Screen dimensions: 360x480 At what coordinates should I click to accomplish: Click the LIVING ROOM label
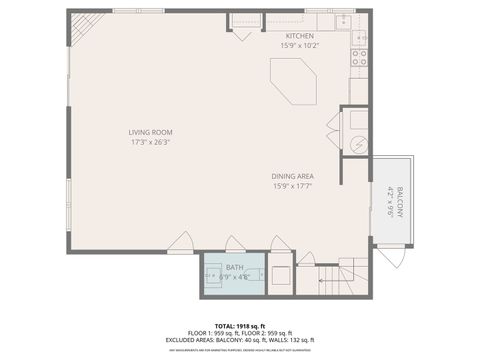pyautogui.click(x=150, y=132)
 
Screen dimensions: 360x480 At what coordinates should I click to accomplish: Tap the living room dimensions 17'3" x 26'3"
pyautogui.click(x=150, y=142)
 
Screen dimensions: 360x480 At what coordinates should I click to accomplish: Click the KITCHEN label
pyautogui.click(x=300, y=36)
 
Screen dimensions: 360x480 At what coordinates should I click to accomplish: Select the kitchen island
pyautogui.click(x=295, y=80)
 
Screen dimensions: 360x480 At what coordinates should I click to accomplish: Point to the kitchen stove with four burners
pyautogui.click(x=359, y=58)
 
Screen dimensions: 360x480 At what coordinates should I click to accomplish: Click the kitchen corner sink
pyautogui.click(x=345, y=21)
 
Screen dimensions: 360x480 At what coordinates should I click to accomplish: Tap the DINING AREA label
pyautogui.click(x=294, y=176)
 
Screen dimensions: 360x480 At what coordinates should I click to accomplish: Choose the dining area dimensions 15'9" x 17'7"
pyautogui.click(x=294, y=186)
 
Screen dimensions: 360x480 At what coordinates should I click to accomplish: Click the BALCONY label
pyautogui.click(x=398, y=202)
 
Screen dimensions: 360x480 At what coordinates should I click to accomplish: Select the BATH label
pyautogui.click(x=234, y=267)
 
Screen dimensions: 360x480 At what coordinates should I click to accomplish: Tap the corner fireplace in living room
pyautogui.click(x=86, y=26)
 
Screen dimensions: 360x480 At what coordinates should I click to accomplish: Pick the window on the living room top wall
pyautogui.click(x=125, y=11)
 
